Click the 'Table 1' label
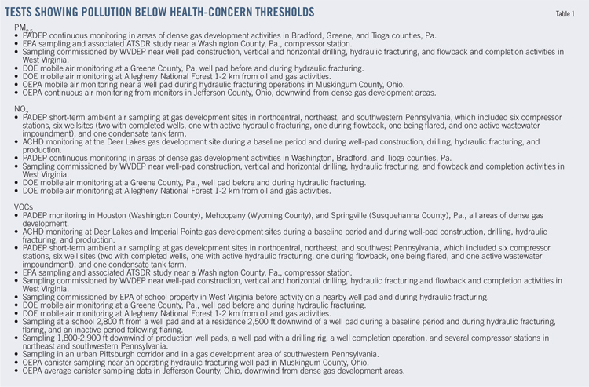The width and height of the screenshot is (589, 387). pos(565,14)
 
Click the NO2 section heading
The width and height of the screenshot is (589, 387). pos(23,108)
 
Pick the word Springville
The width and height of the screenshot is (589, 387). pos(336,214)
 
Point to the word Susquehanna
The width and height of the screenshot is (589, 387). pos(390,214)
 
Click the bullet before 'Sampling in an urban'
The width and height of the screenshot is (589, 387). pos(17,354)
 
